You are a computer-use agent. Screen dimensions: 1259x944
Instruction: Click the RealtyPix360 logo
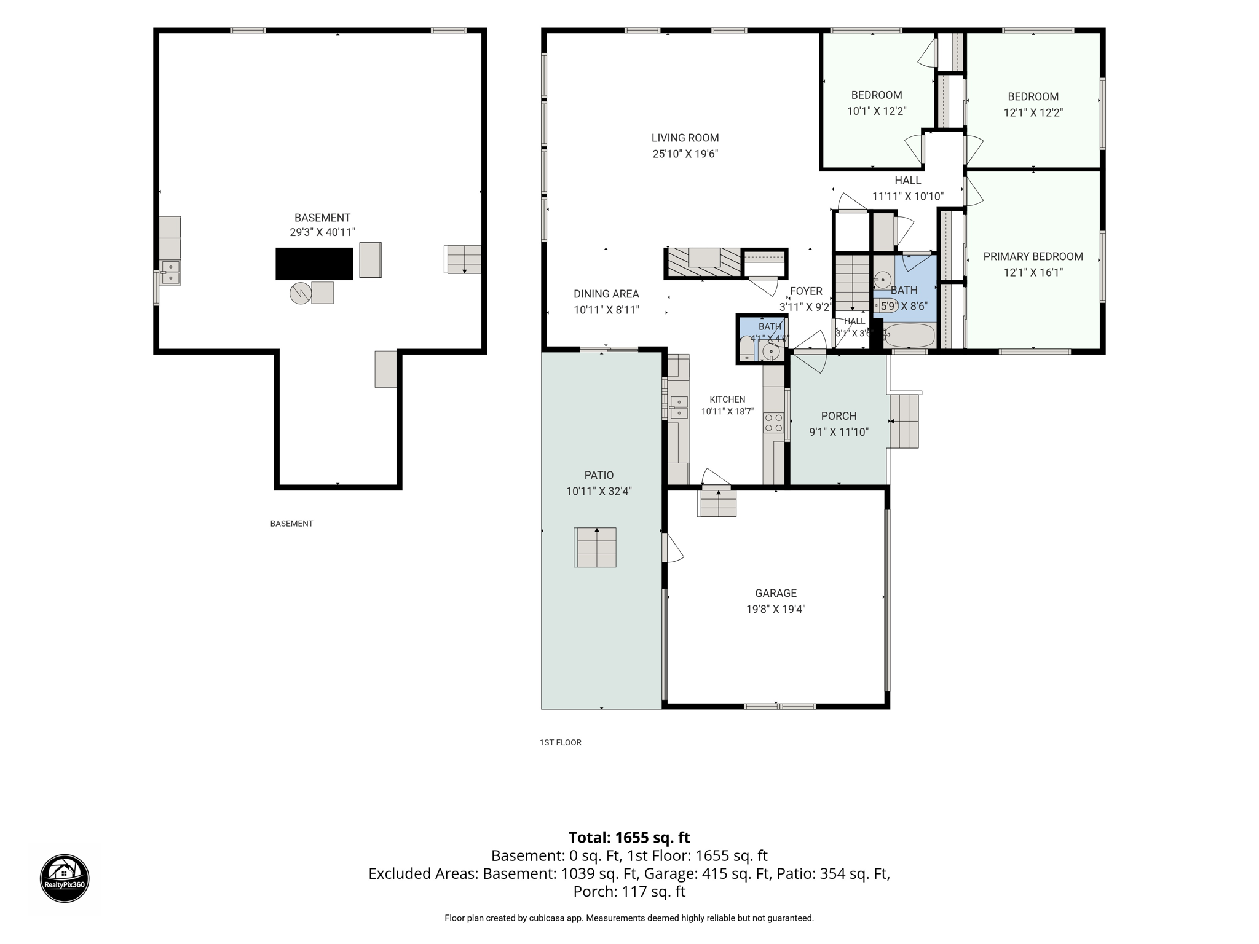tap(65, 878)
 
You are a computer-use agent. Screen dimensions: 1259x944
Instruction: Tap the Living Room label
tap(685, 138)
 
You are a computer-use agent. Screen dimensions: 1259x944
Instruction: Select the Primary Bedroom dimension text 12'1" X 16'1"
tap(1033, 272)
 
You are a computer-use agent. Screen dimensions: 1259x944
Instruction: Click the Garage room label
tap(776, 593)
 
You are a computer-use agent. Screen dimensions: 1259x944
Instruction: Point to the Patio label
tap(599, 475)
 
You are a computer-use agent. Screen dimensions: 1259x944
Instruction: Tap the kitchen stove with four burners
tap(773, 422)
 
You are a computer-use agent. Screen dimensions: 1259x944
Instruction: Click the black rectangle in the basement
tap(314, 264)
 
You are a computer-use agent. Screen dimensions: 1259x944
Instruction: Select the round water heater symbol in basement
tap(301, 293)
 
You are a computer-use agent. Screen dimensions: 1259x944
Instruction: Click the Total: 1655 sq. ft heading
tap(629, 838)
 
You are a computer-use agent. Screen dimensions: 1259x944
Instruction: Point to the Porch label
tap(839, 416)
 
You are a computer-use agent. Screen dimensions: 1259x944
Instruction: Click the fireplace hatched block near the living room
tap(704, 263)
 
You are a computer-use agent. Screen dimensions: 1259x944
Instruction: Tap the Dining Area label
tap(606, 294)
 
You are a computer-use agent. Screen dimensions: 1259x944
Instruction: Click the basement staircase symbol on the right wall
tap(463, 259)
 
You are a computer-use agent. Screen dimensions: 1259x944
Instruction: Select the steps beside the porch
tap(904, 421)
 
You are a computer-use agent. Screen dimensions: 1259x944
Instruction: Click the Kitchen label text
tap(727, 399)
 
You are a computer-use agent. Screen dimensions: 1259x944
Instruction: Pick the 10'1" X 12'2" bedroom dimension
tap(877, 111)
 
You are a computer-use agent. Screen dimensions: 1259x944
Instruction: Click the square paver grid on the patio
tap(595, 547)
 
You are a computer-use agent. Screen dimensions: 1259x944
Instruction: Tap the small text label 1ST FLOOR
tap(561, 742)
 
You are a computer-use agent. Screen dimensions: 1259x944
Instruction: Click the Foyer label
tap(806, 291)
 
